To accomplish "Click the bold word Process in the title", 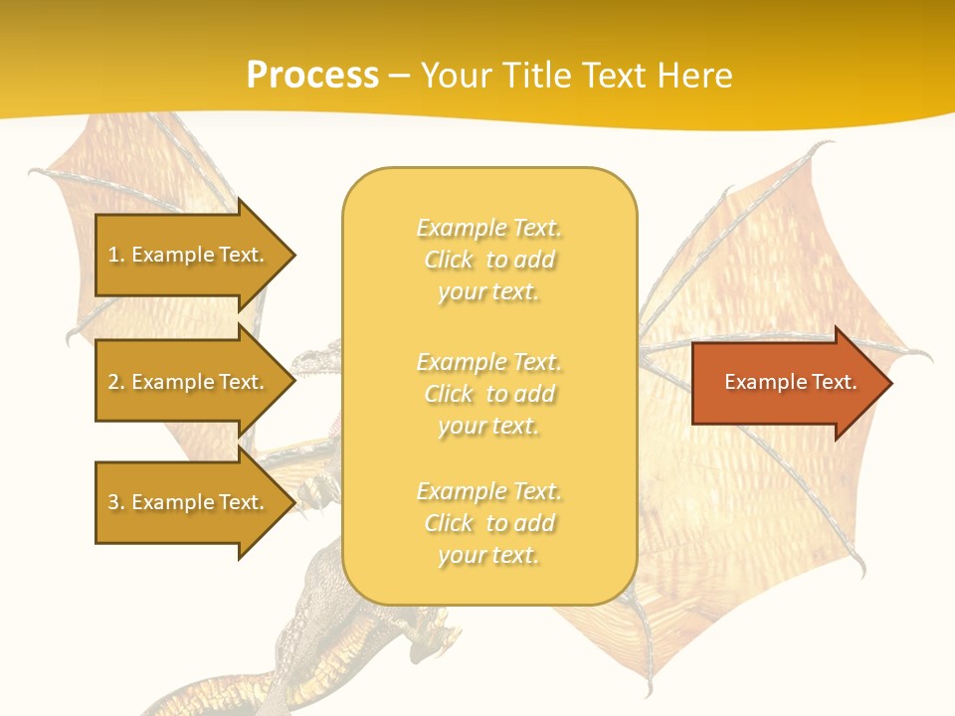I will tap(312, 76).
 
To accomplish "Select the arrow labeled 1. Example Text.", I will tap(189, 255).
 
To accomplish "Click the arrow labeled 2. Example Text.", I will tap(189, 382).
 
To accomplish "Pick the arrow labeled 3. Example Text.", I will tap(189, 502).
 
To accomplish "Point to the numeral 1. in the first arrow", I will tap(116, 255).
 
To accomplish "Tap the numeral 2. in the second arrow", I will tap(116, 382).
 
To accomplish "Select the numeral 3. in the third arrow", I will tap(116, 502).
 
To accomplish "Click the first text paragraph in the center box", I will tap(488, 260).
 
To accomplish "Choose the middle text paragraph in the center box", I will tap(488, 394).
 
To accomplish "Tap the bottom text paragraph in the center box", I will tap(488, 523).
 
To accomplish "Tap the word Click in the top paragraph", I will tap(449, 260).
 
